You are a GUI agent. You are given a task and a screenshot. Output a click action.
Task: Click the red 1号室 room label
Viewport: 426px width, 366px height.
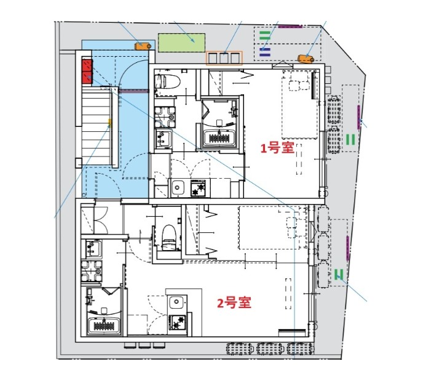(277, 148)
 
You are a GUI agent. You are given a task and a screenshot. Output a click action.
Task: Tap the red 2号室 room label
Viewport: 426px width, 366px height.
(234, 303)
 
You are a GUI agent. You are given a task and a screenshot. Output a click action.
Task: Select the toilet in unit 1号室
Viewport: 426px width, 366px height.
(168, 81)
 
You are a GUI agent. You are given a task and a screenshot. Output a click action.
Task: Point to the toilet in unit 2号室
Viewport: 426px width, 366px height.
(168, 237)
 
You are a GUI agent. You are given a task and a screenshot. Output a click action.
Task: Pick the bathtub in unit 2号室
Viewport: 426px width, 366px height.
(104, 326)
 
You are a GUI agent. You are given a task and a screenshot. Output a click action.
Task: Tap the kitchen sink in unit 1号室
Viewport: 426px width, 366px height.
(178, 188)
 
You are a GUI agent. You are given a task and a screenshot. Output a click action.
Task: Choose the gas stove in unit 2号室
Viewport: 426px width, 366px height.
(178, 322)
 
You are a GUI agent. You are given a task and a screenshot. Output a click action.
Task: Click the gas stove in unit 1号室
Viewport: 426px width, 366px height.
(198, 187)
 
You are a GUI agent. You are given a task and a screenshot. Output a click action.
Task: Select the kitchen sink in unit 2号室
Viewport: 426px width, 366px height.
(176, 302)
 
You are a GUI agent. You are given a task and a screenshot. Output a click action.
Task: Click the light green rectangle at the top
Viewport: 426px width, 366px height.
(181, 43)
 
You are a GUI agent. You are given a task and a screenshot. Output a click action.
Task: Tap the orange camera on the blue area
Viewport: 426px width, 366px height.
(143, 46)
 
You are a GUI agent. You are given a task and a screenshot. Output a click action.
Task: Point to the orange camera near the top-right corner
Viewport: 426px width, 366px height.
(306, 59)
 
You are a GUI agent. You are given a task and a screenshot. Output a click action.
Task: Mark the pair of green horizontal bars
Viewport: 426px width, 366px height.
(264, 35)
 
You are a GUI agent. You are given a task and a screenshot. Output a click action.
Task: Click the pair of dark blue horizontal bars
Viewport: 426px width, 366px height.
(264, 52)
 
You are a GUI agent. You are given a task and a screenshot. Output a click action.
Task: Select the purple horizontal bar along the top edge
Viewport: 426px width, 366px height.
(290, 26)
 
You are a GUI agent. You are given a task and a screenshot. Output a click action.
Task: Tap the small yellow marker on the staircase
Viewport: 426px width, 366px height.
(110, 123)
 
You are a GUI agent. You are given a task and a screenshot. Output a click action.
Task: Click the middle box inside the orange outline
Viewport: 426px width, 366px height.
(224, 59)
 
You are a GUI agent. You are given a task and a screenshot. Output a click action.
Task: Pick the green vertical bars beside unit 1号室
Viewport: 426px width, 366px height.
(351, 139)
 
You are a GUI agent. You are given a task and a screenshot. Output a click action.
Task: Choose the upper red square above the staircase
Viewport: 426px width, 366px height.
(87, 65)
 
